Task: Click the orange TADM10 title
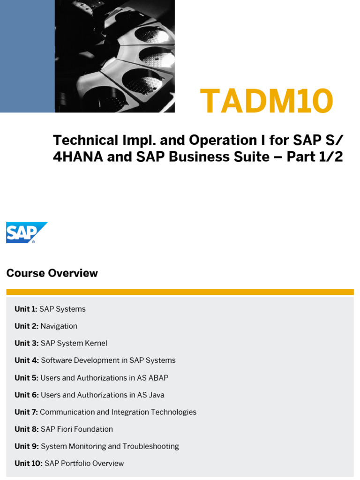(266, 102)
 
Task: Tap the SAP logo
(26, 232)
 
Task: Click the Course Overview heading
(52, 273)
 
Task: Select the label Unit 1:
(26, 309)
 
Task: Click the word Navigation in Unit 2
(59, 326)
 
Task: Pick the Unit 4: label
(26, 360)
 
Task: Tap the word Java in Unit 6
(156, 395)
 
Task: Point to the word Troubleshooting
(151, 446)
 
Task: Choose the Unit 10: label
(29, 464)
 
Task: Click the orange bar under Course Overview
(180, 292)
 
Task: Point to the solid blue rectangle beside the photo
(27, 56)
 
